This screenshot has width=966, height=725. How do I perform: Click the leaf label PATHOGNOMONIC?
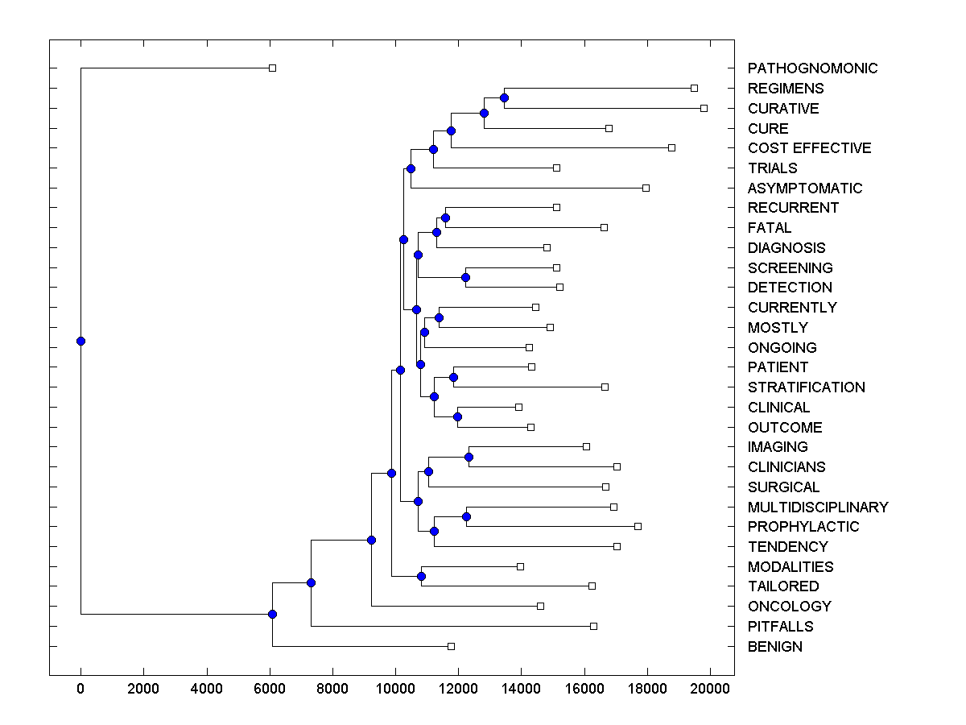point(812,68)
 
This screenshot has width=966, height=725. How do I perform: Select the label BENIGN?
point(774,647)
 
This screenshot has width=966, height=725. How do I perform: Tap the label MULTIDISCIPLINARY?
point(817,507)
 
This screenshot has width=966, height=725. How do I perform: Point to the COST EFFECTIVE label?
point(809,148)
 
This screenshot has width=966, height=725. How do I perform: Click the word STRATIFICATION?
point(806,387)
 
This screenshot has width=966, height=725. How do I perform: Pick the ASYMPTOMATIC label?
point(804,188)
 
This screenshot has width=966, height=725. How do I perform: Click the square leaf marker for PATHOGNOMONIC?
point(272,68)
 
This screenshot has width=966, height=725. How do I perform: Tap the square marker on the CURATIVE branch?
point(704,108)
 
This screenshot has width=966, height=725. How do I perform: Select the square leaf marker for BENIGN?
point(451,646)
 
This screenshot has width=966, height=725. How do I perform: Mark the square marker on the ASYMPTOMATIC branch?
point(646,188)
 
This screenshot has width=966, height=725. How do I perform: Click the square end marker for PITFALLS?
point(593,626)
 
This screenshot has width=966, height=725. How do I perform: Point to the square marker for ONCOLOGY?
point(540,606)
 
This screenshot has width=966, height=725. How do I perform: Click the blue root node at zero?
point(80,341)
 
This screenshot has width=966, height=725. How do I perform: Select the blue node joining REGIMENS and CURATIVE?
point(504,97)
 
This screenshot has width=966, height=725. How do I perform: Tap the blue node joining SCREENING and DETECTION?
point(465,277)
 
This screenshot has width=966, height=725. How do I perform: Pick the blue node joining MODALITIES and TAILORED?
point(421,576)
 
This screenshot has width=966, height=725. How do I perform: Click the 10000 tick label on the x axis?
point(395,688)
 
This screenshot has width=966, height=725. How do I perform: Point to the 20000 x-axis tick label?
point(710,688)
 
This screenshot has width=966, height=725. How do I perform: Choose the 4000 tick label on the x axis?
point(206,688)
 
